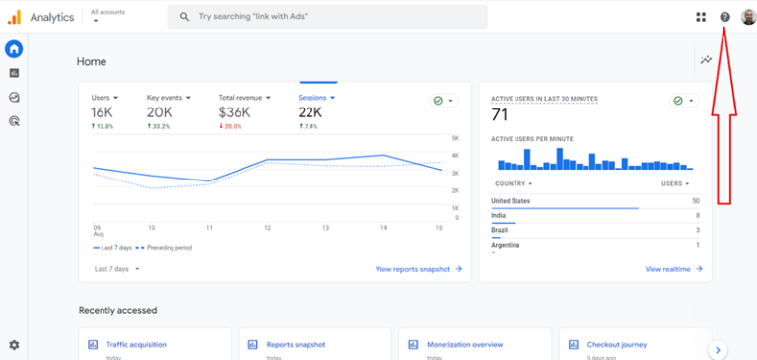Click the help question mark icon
point(725,17)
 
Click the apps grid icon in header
point(701,17)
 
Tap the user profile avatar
point(747,17)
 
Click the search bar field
point(326,17)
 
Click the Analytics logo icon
point(14,17)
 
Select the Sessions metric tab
point(316,98)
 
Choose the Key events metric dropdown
point(169,98)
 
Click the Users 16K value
point(103,113)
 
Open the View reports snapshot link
point(418,268)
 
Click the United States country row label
point(512,201)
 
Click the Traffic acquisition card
point(136,345)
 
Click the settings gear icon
point(14,345)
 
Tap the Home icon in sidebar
point(14,49)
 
